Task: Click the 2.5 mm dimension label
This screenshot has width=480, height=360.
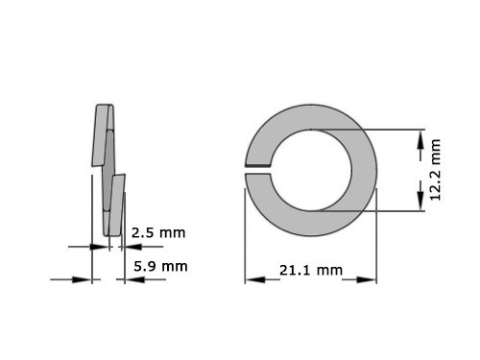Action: pyautogui.click(x=157, y=232)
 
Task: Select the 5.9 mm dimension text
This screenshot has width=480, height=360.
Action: pyautogui.click(x=160, y=266)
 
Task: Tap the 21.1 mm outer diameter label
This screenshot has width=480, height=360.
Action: pyautogui.click(x=310, y=272)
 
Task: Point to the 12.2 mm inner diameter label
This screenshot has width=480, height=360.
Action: pyautogui.click(x=436, y=170)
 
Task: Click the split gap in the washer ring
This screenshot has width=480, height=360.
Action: pyautogui.click(x=258, y=170)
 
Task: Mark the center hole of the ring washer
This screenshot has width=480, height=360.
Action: pyautogui.click(x=310, y=170)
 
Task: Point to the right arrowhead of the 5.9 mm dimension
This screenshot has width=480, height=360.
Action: pyautogui.click(x=122, y=279)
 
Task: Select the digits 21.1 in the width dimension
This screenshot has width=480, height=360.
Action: pyautogui.click(x=296, y=272)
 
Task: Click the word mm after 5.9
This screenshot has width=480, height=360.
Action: pyautogui.click(x=175, y=266)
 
